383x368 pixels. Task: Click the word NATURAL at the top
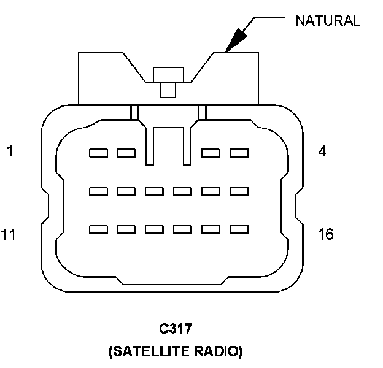pos(327,20)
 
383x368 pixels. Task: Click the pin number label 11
pos(9,234)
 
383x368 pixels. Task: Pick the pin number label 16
pos(325,234)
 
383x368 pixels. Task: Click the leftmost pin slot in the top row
pos(98,153)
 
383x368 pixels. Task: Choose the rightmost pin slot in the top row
pos(239,153)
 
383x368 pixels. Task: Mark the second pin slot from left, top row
pos(126,153)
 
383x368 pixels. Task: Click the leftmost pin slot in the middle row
pos(98,191)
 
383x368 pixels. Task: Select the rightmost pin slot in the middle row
pos(239,191)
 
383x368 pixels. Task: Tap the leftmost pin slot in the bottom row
pos(98,229)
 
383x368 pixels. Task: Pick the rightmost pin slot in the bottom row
pos(239,229)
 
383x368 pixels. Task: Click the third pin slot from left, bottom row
pos(154,229)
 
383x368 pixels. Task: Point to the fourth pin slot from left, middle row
pos(182,191)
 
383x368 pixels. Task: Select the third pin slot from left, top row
pos(211,153)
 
